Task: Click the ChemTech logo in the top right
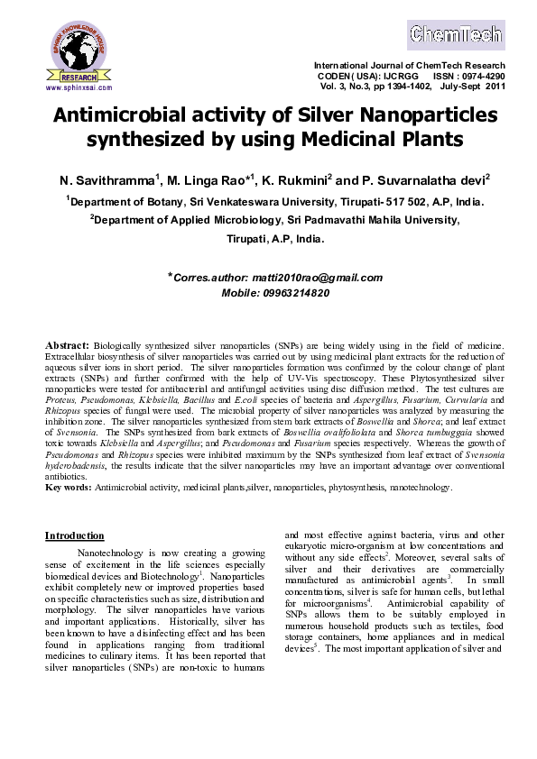tap(456, 33)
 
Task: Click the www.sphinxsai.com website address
tap(78, 88)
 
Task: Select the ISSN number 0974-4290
tap(477, 77)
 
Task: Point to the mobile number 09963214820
tap(295, 294)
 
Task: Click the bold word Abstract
tap(66, 345)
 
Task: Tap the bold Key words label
tap(68, 487)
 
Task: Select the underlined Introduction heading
tap(74, 535)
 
